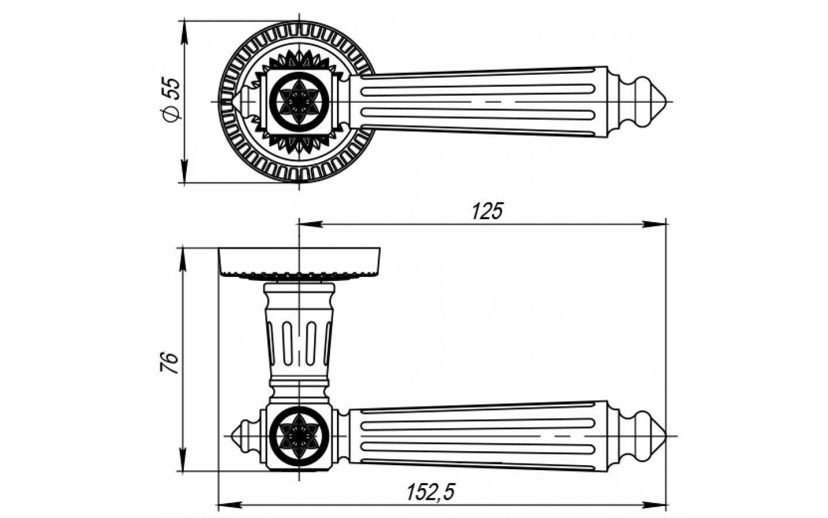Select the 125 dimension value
tap(487, 212)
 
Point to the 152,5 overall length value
tap(431, 493)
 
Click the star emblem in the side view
tap(299, 436)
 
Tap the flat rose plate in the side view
tap(299, 261)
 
